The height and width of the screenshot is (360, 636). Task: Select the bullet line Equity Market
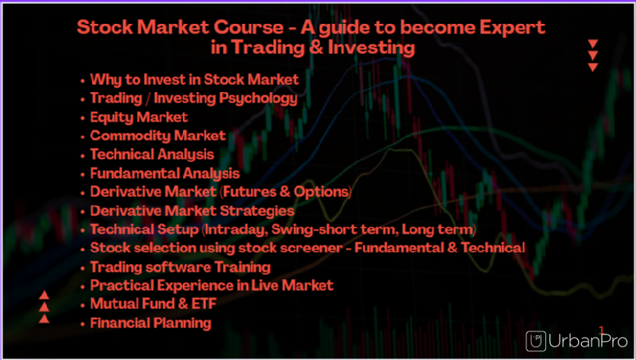tap(139, 117)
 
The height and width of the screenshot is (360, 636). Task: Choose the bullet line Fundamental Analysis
tap(165, 173)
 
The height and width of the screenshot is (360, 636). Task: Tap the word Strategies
tap(257, 211)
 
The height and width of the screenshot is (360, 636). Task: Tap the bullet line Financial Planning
tap(150, 323)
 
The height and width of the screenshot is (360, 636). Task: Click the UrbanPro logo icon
tap(536, 341)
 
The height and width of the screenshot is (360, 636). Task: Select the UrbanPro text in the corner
tap(588, 342)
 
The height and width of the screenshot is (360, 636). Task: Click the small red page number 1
tap(602, 331)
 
